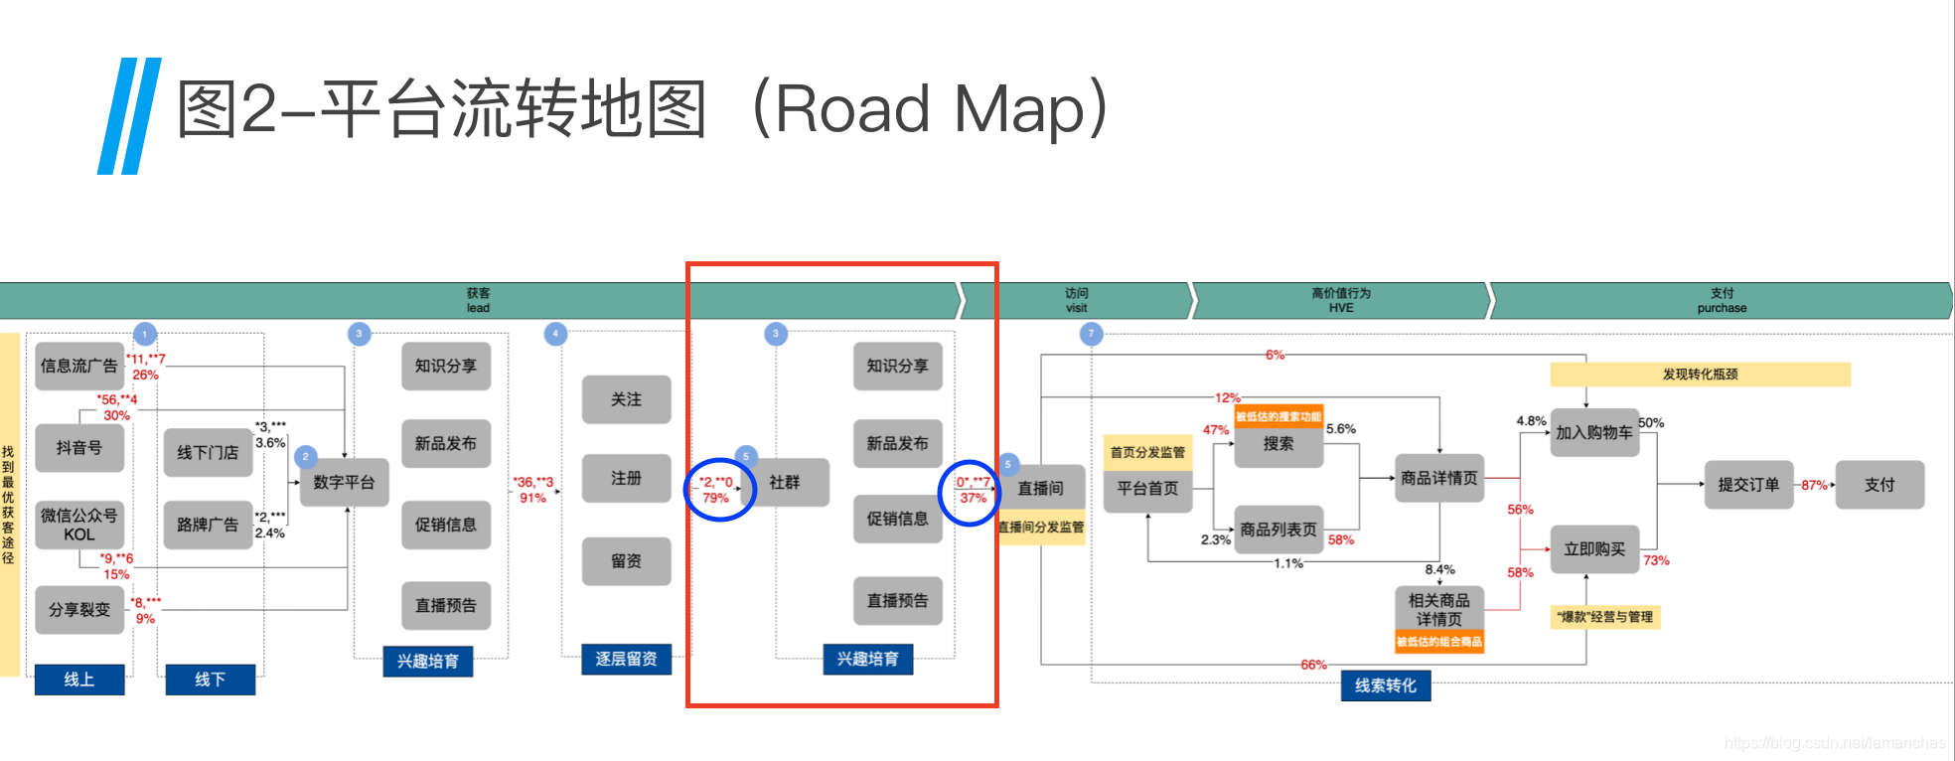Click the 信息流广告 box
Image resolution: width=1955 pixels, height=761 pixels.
point(78,367)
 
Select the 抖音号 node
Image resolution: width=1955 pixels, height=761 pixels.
point(78,448)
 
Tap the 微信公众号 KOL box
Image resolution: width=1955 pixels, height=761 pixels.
point(78,525)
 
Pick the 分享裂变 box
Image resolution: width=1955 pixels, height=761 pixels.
point(78,609)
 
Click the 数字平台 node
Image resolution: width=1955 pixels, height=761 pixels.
point(344,483)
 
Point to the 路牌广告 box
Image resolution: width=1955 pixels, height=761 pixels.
point(208,525)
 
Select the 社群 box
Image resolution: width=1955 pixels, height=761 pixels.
point(785,483)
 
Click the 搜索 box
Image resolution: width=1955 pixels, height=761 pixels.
point(1278,444)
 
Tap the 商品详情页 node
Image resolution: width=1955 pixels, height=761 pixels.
point(1438,479)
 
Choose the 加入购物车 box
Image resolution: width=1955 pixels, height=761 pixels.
point(1594,433)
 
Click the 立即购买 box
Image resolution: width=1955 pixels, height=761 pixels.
point(1594,549)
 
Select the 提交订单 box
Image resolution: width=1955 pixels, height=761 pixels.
point(1748,485)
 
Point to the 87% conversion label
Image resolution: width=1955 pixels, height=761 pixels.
point(1814,485)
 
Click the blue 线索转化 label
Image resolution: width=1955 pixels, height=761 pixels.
point(1385,685)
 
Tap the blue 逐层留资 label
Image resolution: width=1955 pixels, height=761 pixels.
point(626,659)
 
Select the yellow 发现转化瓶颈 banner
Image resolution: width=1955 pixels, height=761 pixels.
point(1700,375)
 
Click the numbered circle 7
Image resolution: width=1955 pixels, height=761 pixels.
point(1091,334)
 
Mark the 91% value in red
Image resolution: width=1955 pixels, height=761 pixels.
point(532,498)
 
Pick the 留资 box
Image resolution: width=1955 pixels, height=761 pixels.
point(626,561)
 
